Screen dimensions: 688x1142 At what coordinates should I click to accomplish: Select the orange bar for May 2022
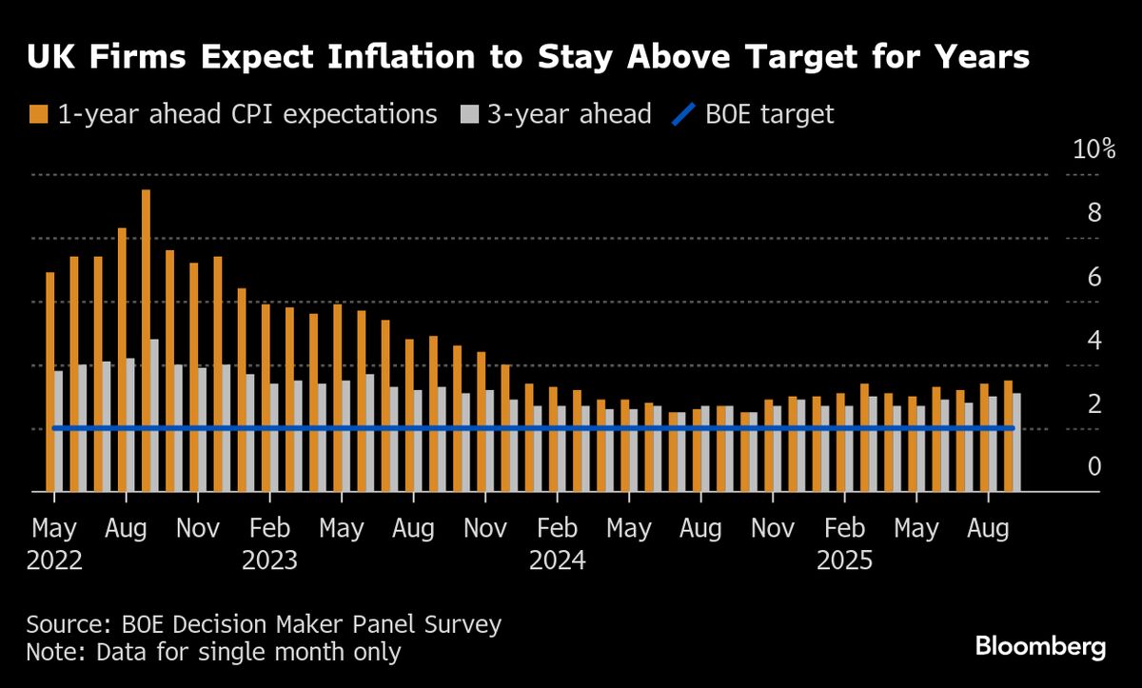49,382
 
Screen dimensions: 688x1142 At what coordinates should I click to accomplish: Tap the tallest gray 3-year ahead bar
154,415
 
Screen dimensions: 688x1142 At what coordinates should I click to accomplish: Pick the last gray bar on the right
1016,442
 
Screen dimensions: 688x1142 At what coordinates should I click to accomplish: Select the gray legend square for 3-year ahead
469,115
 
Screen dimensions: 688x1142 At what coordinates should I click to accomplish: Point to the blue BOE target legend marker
683,115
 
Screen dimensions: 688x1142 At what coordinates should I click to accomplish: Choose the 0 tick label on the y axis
1094,466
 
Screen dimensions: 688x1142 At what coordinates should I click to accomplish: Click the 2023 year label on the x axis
270,560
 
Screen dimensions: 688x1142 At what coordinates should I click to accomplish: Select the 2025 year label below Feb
845,560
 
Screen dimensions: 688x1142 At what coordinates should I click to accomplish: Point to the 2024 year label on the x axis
558,560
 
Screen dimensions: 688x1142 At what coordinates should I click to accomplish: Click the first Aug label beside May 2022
126,527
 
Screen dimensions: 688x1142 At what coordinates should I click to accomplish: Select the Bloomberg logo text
1040,648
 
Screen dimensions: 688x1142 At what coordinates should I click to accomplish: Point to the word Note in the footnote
53,653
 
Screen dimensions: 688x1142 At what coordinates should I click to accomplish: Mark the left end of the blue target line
55,428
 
